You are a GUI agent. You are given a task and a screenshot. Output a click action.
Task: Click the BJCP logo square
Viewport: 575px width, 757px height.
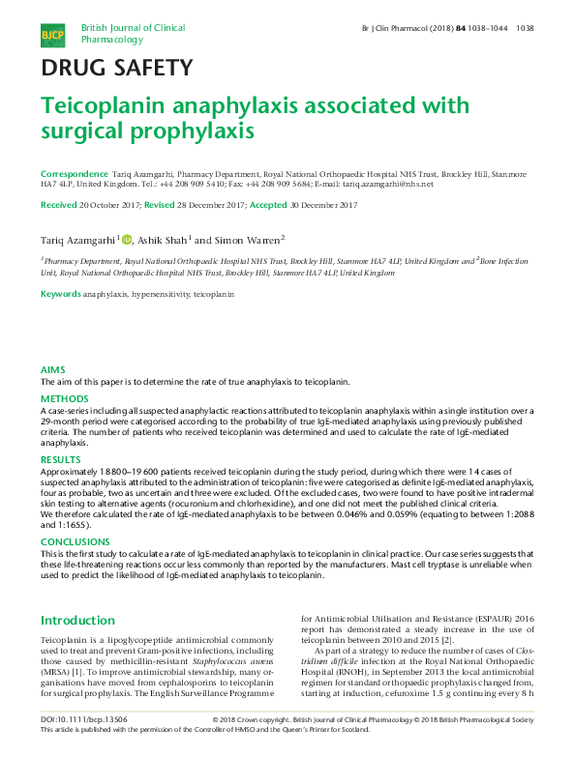(51, 36)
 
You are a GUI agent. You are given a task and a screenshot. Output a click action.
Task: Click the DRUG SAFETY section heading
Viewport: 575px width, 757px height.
(115, 68)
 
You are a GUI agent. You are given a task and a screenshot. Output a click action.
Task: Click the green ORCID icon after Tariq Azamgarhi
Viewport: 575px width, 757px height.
(126, 240)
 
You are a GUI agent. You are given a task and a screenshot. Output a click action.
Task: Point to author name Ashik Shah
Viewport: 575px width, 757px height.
(163, 240)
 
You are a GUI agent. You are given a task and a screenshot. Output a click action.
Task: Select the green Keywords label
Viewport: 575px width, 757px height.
(60, 292)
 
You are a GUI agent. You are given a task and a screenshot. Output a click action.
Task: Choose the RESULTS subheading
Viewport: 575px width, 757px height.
(59, 459)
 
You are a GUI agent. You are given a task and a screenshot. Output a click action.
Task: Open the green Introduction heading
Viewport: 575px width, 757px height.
(77, 620)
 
